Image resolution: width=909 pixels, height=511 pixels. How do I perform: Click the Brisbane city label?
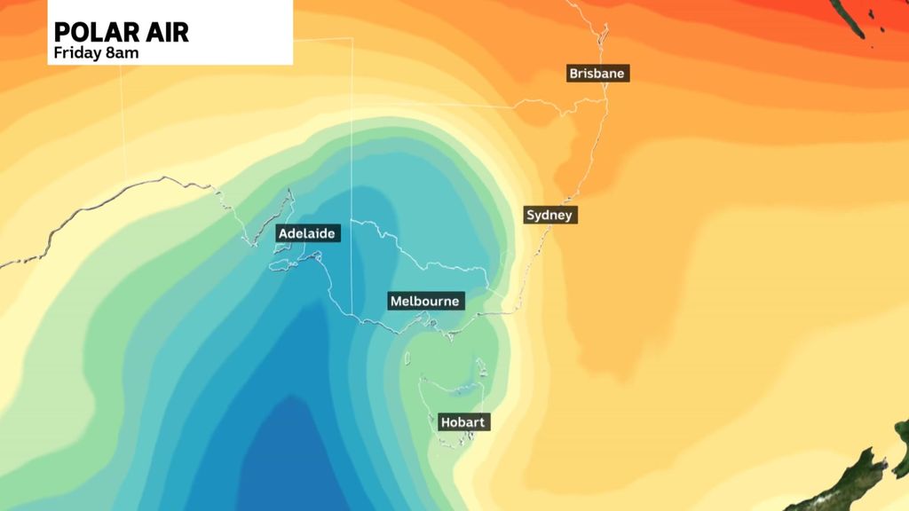pyautogui.click(x=597, y=74)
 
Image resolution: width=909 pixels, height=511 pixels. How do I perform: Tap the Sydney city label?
pyautogui.click(x=550, y=215)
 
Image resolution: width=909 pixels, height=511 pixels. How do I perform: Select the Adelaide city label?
pyautogui.click(x=306, y=233)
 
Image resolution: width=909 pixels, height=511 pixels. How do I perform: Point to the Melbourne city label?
pyautogui.click(x=425, y=302)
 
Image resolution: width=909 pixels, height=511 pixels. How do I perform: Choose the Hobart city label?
pyautogui.click(x=462, y=422)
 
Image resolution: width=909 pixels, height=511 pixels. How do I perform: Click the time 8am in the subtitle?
pyautogui.click(x=123, y=52)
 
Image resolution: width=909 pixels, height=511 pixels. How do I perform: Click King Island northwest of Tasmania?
pyautogui.click(x=407, y=358)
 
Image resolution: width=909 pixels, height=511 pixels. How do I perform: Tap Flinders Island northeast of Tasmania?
pyautogui.click(x=480, y=366)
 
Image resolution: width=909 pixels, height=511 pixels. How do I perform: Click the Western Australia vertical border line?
pyautogui.click(x=125, y=133)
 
